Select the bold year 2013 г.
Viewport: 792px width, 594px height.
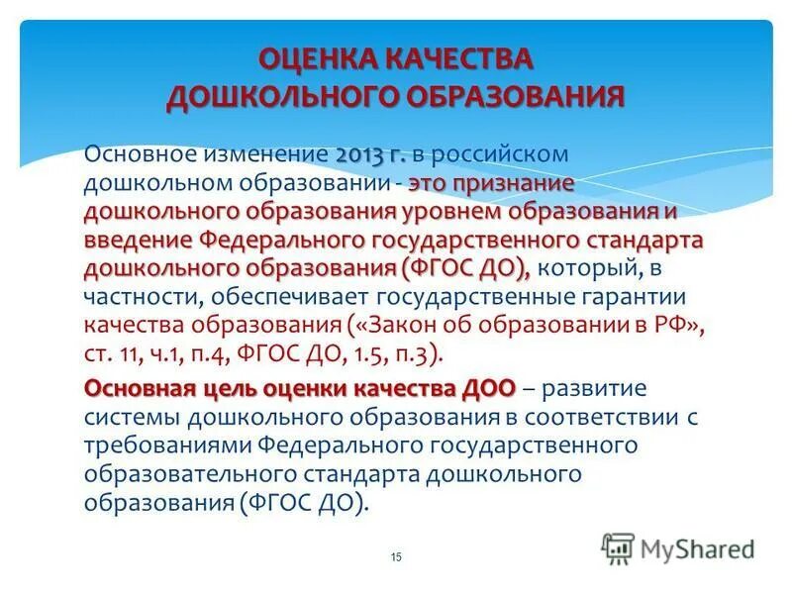(371, 155)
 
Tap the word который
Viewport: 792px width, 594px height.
(585, 269)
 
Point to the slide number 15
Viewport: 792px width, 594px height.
(396, 558)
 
